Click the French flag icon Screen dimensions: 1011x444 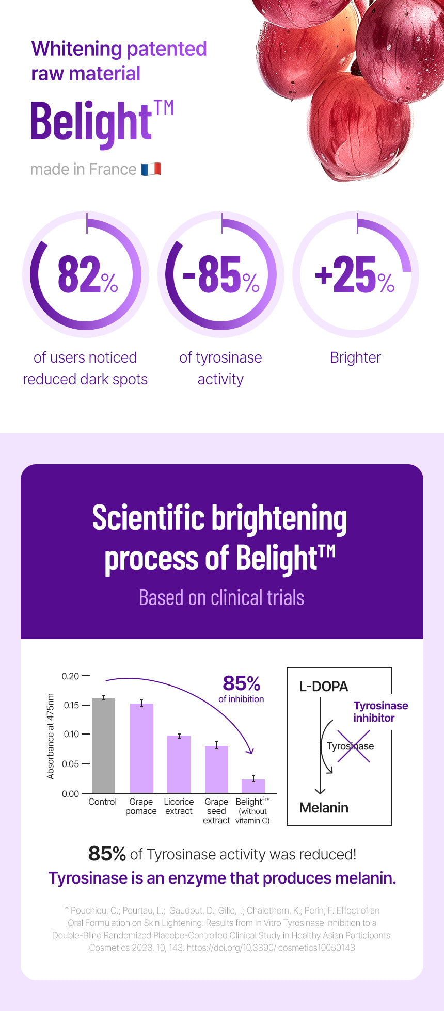pyautogui.click(x=151, y=169)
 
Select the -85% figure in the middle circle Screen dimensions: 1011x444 pyautogui.click(x=221, y=275)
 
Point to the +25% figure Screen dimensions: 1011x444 pyautogui.click(x=355, y=275)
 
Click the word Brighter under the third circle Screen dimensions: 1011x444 pyautogui.click(x=355, y=357)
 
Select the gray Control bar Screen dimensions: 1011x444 pyautogui.click(x=103, y=746)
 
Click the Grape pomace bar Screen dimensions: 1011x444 pyautogui.click(x=141, y=748)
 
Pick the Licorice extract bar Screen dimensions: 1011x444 pyautogui.click(x=179, y=764)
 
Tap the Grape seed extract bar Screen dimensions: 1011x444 pyautogui.click(x=216, y=770)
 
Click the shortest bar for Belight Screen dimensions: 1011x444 pyautogui.click(x=253, y=786)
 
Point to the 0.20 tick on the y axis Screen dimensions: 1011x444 pyautogui.click(x=71, y=676)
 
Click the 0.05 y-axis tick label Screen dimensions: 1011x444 pyautogui.click(x=71, y=764)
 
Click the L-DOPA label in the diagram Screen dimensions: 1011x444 pyautogui.click(x=324, y=687)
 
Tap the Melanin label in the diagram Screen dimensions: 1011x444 pyautogui.click(x=324, y=808)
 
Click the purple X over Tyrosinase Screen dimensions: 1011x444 pyautogui.click(x=354, y=746)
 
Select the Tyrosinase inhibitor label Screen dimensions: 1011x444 pyautogui.click(x=380, y=712)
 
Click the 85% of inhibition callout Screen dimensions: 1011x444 pyautogui.click(x=241, y=689)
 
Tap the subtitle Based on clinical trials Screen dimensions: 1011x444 pyautogui.click(x=221, y=598)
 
